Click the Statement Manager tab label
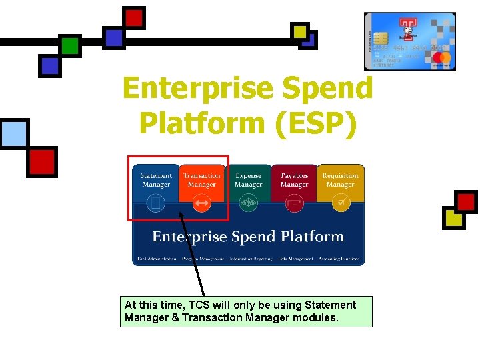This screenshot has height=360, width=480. click(156, 180)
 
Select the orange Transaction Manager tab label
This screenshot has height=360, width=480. click(201, 180)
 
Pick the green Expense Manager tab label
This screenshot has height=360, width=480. click(248, 180)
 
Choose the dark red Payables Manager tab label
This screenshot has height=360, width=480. click(294, 180)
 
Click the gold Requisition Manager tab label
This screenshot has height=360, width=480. click(340, 180)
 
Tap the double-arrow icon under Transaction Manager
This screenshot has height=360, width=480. click(202, 203)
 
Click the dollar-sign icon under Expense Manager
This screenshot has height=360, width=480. click(248, 203)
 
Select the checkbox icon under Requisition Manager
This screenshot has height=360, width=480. click(341, 203)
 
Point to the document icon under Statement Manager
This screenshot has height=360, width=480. click(156, 203)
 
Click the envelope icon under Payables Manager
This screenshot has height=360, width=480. click(294, 203)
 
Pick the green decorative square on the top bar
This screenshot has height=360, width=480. click(70, 45)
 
